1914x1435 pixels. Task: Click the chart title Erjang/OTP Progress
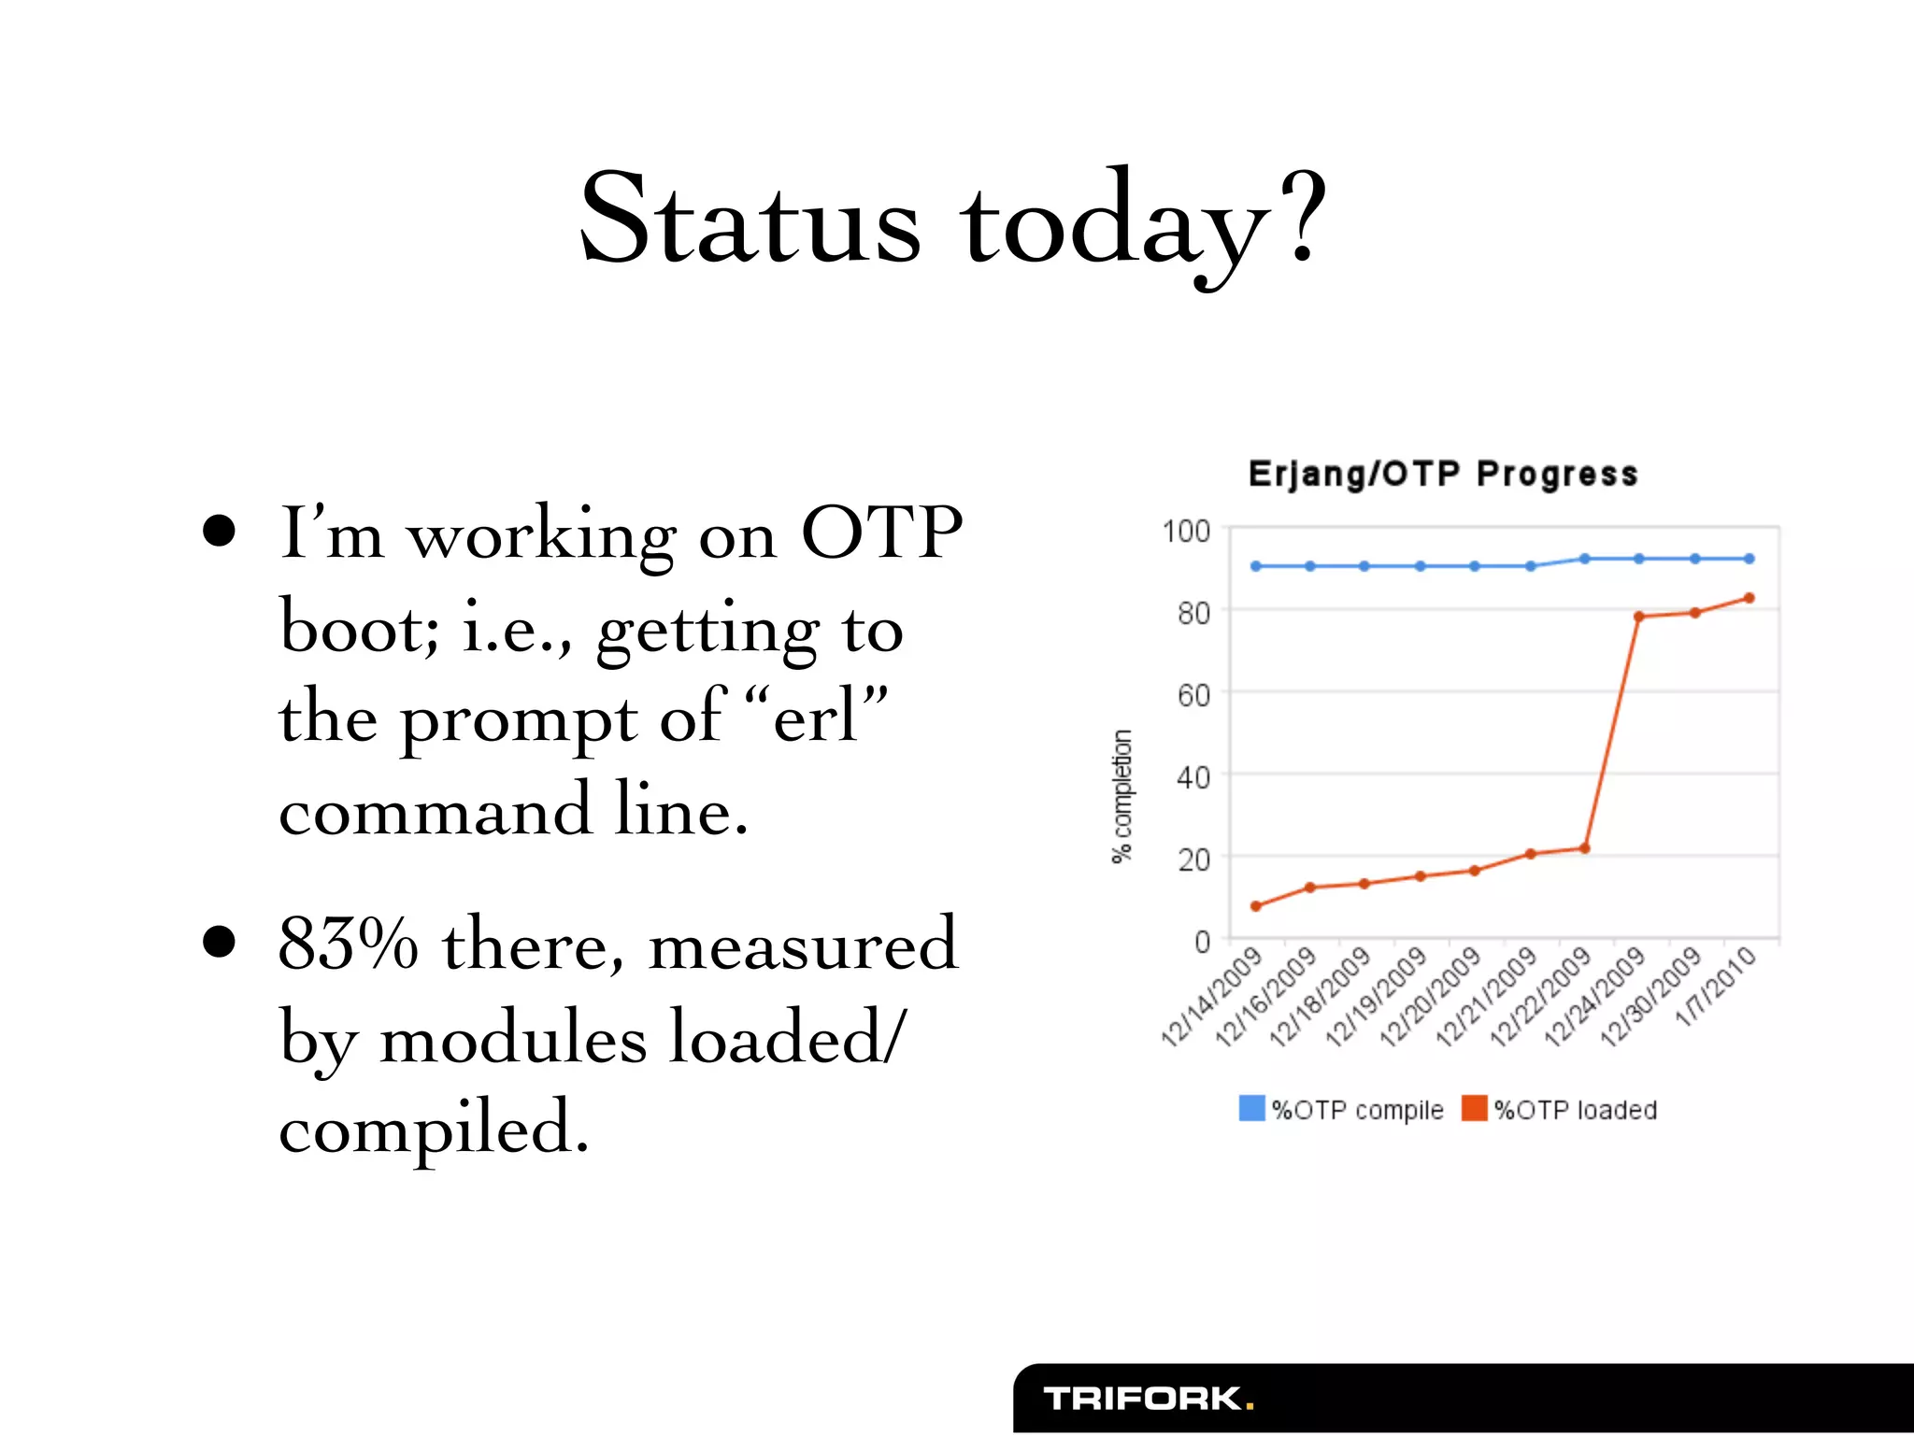pyautogui.click(x=1442, y=474)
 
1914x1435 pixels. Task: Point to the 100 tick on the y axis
pyautogui.click(x=1186, y=532)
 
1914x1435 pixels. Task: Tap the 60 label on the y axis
pyautogui.click(x=1193, y=696)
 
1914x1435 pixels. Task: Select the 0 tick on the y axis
pyautogui.click(x=1202, y=942)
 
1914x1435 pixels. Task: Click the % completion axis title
pyautogui.click(x=1122, y=796)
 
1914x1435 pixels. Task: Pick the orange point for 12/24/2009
pyautogui.click(x=1639, y=617)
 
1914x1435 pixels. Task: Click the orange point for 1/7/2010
pyautogui.click(x=1749, y=598)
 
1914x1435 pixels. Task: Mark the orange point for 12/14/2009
pyautogui.click(x=1256, y=906)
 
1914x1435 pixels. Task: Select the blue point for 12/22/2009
pyautogui.click(x=1585, y=559)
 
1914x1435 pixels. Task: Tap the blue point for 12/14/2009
pyautogui.click(x=1256, y=566)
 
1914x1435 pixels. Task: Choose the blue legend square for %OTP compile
pyautogui.click(x=1251, y=1109)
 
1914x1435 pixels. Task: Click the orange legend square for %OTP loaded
pyautogui.click(x=1474, y=1109)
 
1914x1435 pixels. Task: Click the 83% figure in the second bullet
pyautogui.click(x=348, y=944)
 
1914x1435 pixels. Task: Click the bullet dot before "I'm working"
pyautogui.click(x=219, y=532)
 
